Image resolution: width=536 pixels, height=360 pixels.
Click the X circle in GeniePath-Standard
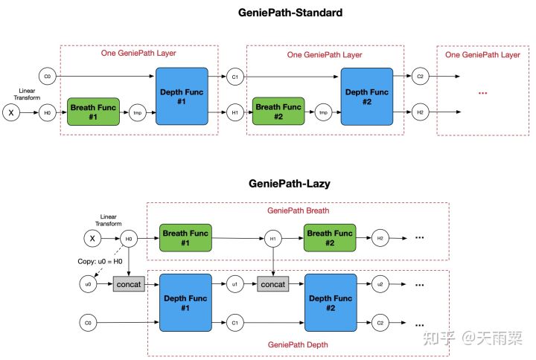[x=12, y=113]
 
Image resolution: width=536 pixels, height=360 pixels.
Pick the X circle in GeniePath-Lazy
[x=91, y=238]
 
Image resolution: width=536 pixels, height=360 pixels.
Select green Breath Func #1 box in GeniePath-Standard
[x=93, y=112]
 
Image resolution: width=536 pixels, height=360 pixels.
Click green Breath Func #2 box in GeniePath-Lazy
[x=330, y=238]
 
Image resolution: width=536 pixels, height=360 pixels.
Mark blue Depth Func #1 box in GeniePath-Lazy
[x=185, y=303]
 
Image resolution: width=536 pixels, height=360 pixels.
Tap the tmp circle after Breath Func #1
[x=136, y=113]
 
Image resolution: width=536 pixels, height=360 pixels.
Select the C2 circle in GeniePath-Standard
[x=420, y=77]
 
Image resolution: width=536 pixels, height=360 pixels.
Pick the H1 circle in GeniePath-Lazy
[x=273, y=238]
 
